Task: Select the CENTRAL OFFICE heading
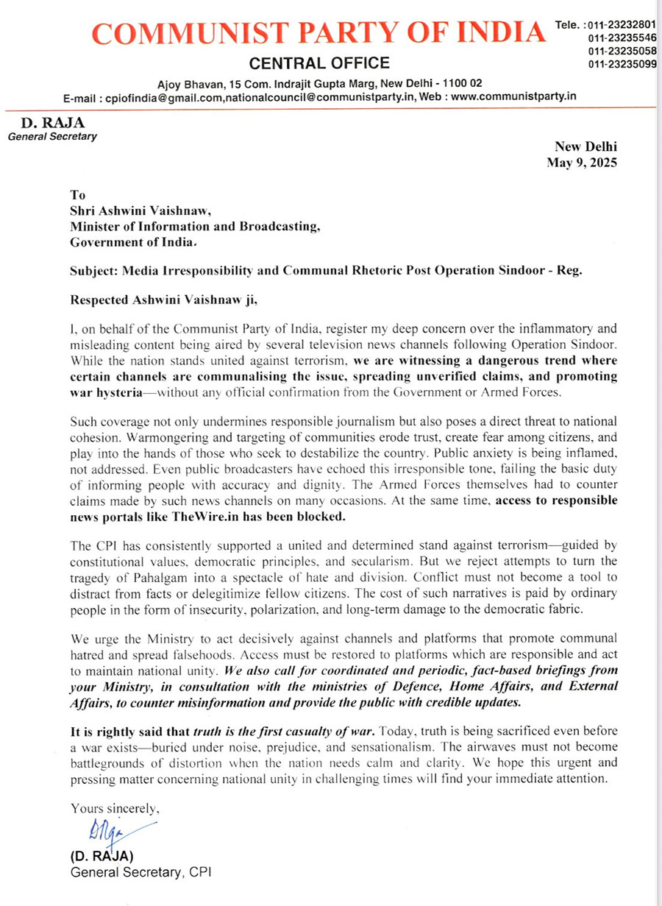(320, 63)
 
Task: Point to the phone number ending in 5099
(622, 64)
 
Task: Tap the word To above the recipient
(77, 195)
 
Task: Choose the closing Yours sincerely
(115, 808)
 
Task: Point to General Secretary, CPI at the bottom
(142, 873)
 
